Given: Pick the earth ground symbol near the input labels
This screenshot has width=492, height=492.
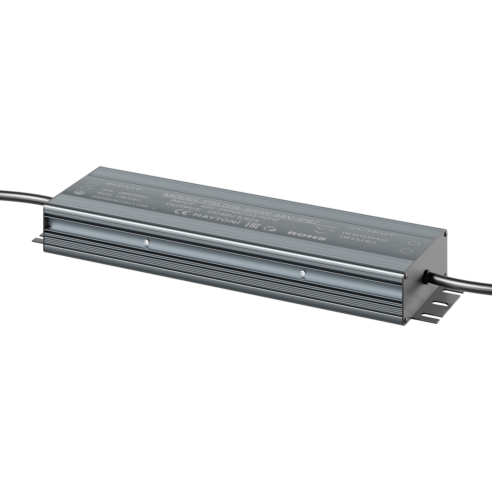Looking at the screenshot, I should tap(77, 193).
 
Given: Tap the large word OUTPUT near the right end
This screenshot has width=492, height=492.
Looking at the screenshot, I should tap(372, 231).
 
